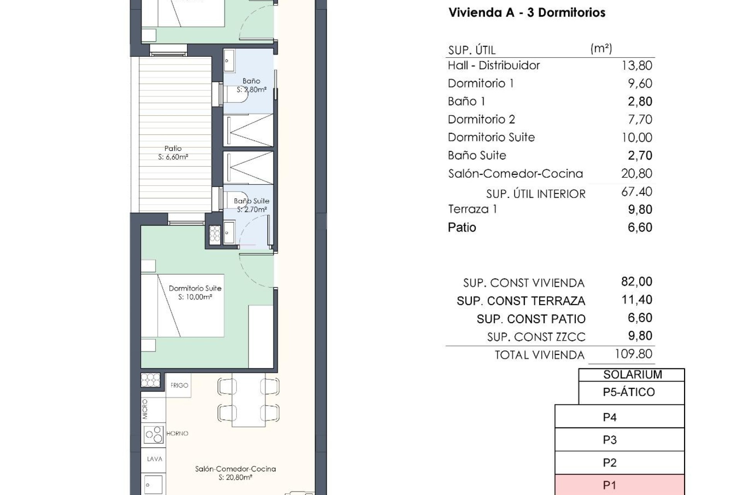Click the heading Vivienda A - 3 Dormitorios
coord(526,12)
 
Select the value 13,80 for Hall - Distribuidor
coord(636,65)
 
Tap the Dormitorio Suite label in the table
coord(491,137)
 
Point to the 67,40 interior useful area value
coord(636,191)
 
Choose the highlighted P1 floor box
coord(619,485)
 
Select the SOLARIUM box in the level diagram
coord(632,374)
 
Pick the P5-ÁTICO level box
coord(629,392)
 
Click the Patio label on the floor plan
coord(173,148)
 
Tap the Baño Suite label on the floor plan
coord(252,201)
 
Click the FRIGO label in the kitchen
coord(179,385)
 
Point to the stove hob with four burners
coord(153,434)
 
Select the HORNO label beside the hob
coord(177,434)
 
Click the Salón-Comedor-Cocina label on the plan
coord(235,469)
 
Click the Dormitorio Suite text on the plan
coord(195,288)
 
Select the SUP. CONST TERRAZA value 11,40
coord(636,300)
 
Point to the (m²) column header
coord(601,48)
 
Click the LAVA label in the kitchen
coord(154,459)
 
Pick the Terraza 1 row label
coord(472,209)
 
